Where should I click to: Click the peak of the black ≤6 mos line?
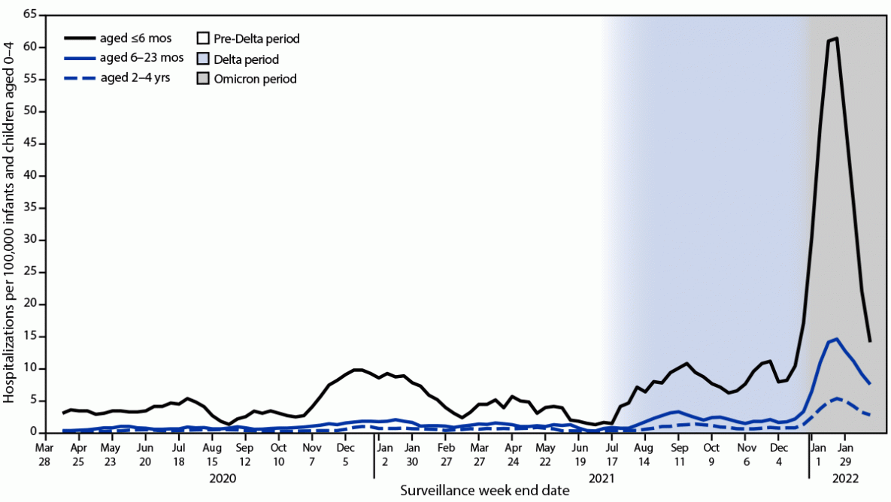pyautogui.click(x=836, y=38)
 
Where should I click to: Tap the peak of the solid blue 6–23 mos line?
pyautogui.click(x=836, y=339)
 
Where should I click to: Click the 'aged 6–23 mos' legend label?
pyautogui.click(x=141, y=58)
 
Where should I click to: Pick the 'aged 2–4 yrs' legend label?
pyautogui.click(x=135, y=77)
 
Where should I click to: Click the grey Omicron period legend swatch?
pyautogui.click(x=202, y=78)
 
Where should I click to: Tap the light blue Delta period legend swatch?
pyautogui.click(x=202, y=59)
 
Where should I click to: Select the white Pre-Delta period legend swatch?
pyautogui.click(x=202, y=38)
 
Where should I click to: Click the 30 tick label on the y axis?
pyautogui.click(x=31, y=240)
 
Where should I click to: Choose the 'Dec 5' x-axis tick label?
pyautogui.click(x=345, y=450)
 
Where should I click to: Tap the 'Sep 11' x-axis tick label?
pyautogui.click(x=677, y=450)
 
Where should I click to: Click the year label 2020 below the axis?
pyautogui.click(x=223, y=477)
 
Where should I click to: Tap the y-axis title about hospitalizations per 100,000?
pyautogui.click(x=10, y=223)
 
